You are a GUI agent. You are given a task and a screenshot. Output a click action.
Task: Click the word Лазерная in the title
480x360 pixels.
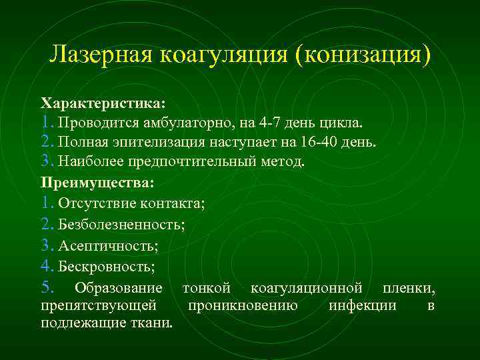pyautogui.click(x=98, y=54)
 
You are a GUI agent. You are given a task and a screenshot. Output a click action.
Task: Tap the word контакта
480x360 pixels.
pyautogui.click(x=173, y=203)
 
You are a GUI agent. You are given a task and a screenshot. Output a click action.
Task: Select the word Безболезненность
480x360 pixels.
pyautogui.click(x=120, y=225)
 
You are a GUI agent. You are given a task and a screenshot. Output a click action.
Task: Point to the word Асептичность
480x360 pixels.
pyautogui.click(x=107, y=246)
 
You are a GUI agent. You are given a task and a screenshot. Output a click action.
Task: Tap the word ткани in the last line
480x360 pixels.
pyautogui.click(x=155, y=323)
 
